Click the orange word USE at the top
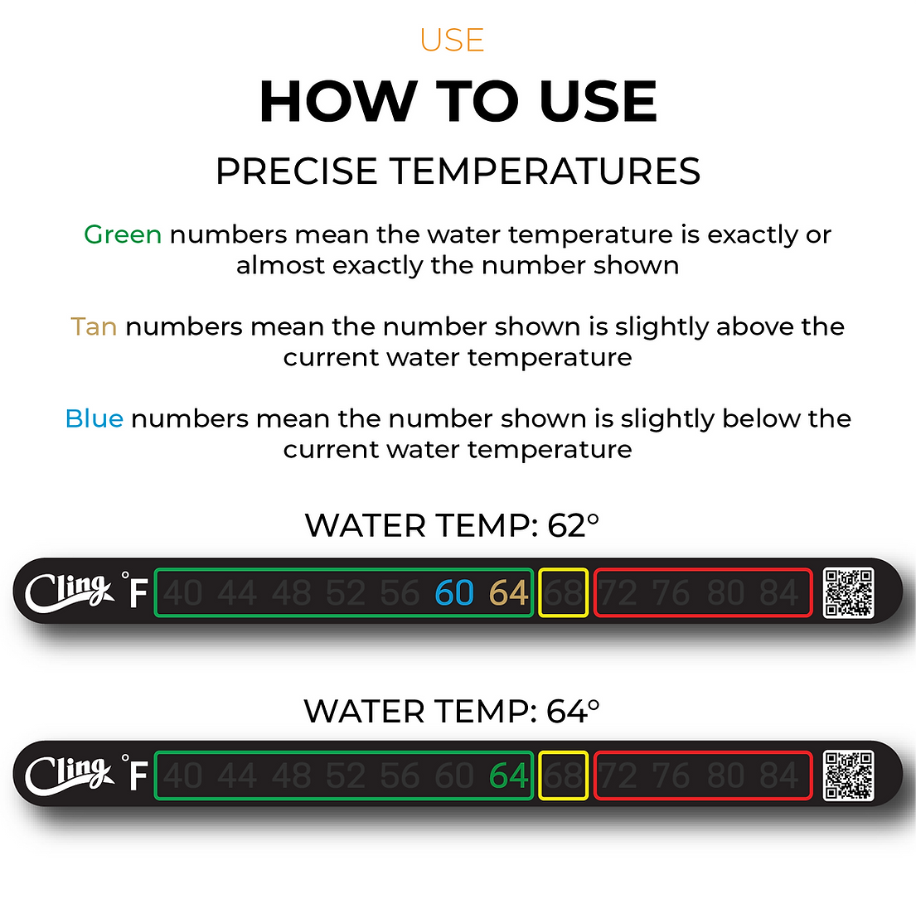coord(452,40)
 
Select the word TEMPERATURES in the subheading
coord(545,171)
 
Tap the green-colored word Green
coord(123,234)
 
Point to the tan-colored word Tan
coord(94,326)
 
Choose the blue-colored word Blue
coord(95,418)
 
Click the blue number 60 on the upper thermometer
coord(454,593)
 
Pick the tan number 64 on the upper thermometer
coord(508,593)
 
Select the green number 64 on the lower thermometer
coord(508,776)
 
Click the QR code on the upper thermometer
coord(848,592)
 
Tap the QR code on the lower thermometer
coord(848,775)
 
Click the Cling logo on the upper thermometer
coord(68,592)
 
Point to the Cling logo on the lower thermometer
coord(68,775)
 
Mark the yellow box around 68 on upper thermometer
coord(564,592)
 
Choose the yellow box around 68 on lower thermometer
coord(564,775)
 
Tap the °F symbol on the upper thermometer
coord(136,591)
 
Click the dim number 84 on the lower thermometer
coord(779,776)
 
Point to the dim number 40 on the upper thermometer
coord(183,593)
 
